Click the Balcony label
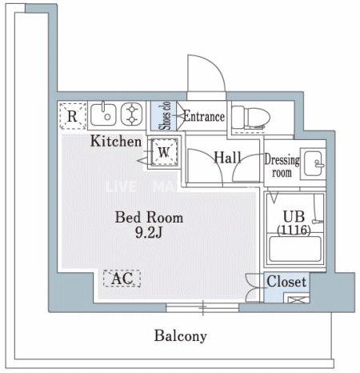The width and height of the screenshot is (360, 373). click(181, 336)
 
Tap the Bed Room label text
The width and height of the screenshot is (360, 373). click(149, 217)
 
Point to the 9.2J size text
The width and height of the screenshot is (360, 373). click(150, 234)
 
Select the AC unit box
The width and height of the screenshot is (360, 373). click(121, 279)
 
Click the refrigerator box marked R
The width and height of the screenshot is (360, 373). click(73, 117)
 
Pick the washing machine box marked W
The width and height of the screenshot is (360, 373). click(163, 150)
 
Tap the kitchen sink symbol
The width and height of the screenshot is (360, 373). click(104, 115)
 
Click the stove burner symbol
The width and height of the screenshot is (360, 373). click(130, 115)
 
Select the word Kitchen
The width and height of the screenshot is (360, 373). click(116, 142)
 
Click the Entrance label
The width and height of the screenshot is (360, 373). click(203, 118)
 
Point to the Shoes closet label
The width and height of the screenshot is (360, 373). click(162, 115)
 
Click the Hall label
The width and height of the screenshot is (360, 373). click(227, 158)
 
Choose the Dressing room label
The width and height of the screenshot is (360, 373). click(282, 166)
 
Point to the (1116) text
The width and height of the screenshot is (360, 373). click(294, 230)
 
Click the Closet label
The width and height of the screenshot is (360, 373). click(286, 282)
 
